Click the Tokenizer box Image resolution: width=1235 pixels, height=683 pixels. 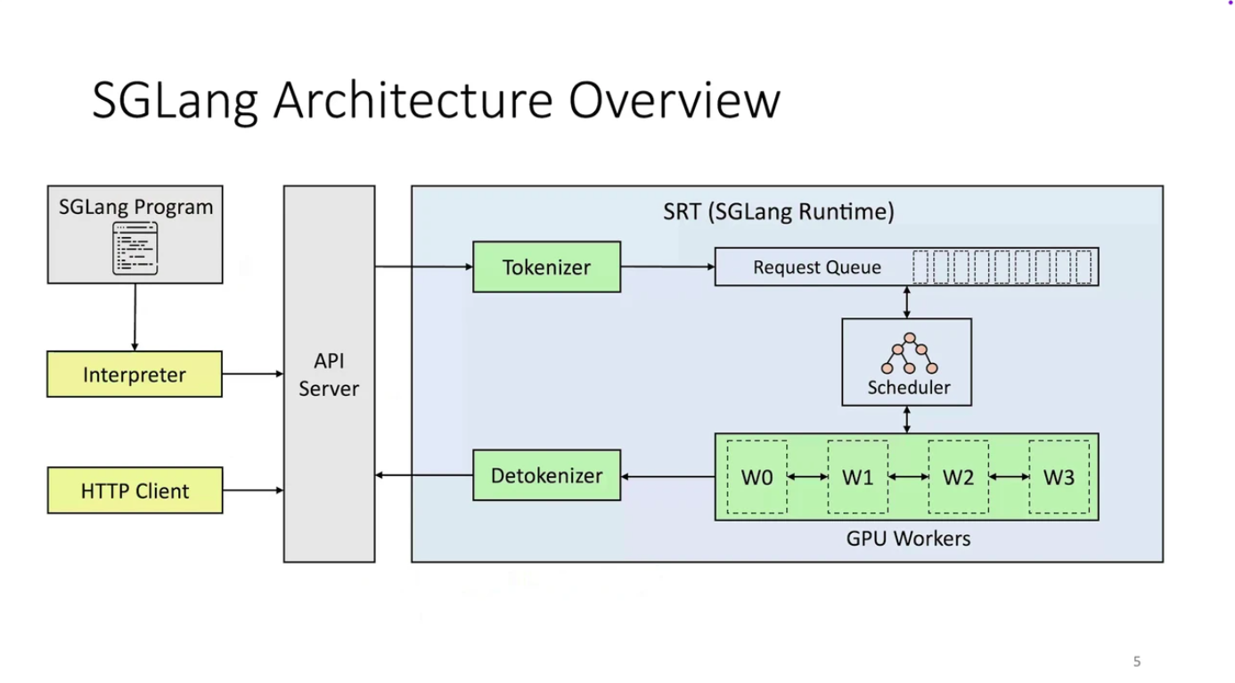click(x=546, y=267)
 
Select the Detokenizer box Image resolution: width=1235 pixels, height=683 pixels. click(x=546, y=475)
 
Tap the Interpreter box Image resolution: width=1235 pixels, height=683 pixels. click(x=135, y=374)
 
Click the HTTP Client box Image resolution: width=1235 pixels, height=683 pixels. click(x=135, y=490)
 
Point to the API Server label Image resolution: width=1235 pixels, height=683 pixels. click(x=329, y=375)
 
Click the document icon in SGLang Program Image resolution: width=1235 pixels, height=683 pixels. click(x=135, y=248)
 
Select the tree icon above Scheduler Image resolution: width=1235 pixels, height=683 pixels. click(x=909, y=354)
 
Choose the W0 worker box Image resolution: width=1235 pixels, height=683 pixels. click(x=757, y=477)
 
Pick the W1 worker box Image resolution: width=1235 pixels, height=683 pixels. click(x=857, y=477)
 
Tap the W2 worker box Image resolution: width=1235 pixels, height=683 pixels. click(x=958, y=477)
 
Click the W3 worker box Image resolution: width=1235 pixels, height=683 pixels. click(x=1059, y=477)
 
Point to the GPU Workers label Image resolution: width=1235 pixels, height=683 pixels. click(x=907, y=539)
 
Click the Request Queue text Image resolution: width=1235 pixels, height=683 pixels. click(x=816, y=267)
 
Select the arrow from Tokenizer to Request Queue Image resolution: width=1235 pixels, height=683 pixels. click(x=667, y=267)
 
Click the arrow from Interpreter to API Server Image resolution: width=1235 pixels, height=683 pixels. click(x=252, y=374)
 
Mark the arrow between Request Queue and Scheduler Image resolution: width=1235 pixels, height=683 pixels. click(x=907, y=301)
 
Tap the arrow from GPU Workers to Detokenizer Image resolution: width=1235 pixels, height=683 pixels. click(x=667, y=476)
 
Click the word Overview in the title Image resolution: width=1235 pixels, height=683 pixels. click(x=675, y=100)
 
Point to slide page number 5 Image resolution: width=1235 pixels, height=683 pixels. click(x=1136, y=662)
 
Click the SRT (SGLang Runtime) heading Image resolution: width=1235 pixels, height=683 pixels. click(x=778, y=212)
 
